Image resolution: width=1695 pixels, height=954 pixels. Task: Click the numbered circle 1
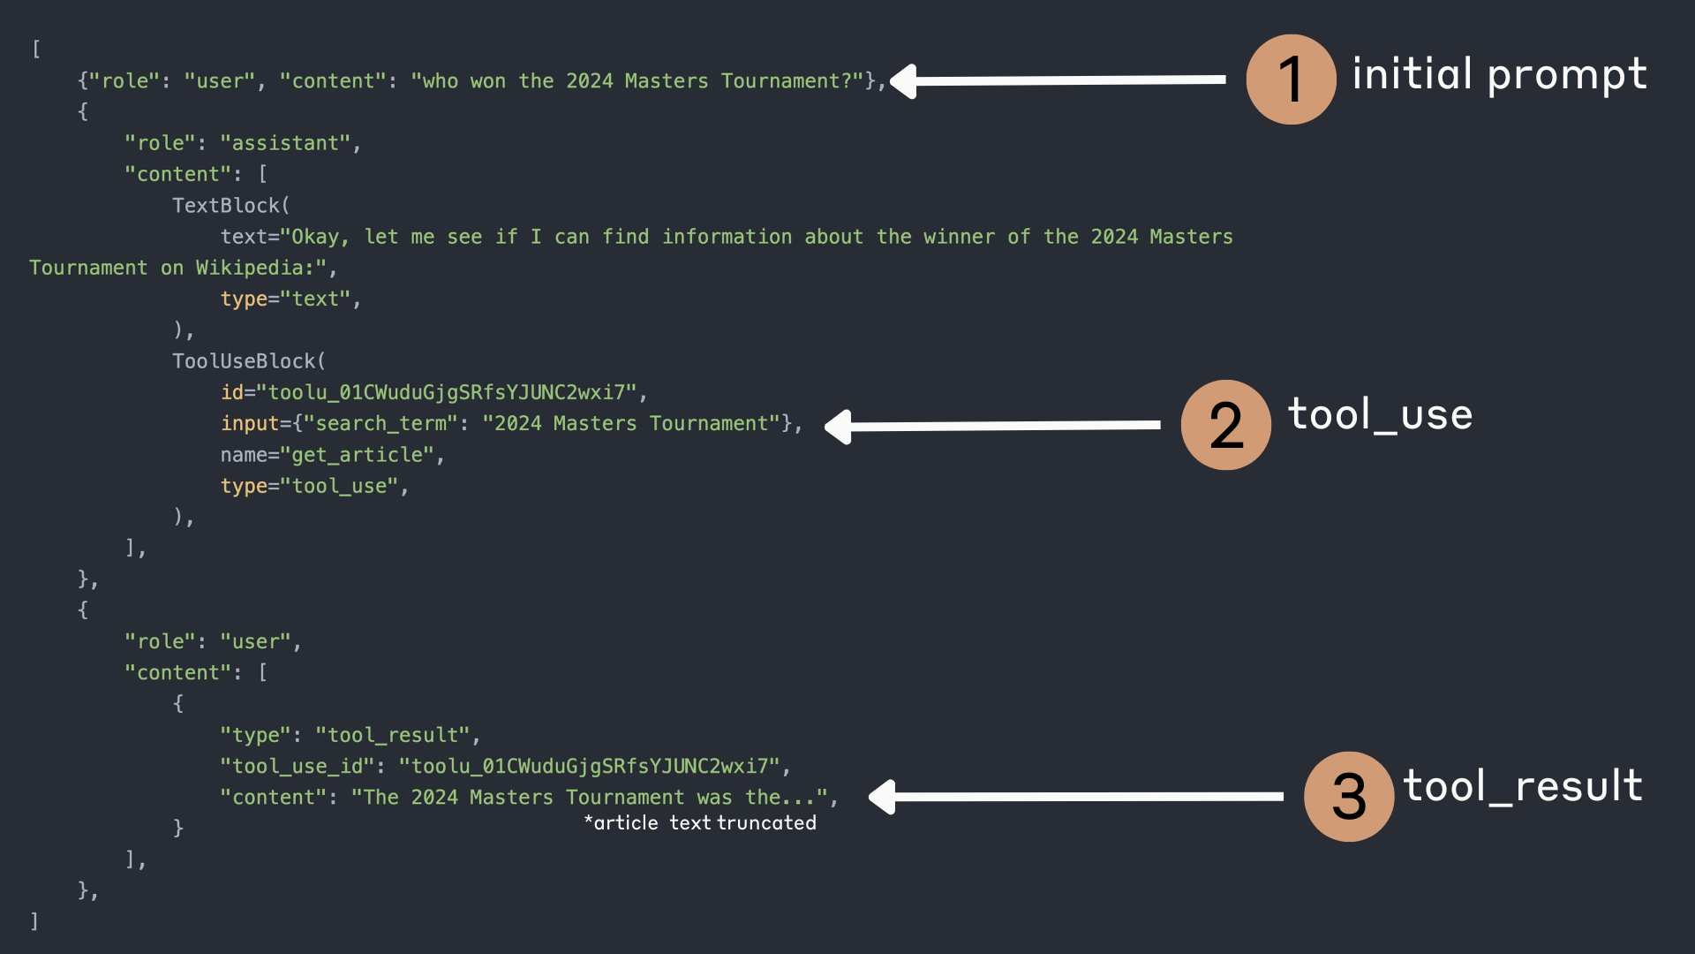(1291, 79)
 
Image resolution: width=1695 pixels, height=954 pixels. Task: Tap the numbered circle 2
(1225, 425)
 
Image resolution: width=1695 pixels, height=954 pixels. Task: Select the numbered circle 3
(1348, 796)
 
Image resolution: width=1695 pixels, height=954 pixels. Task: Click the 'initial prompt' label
(1499, 75)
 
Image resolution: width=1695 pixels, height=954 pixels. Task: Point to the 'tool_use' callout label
(1380, 415)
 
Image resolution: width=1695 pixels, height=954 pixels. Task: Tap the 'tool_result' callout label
(1522, 786)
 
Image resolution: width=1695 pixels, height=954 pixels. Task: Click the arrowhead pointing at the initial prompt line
(905, 81)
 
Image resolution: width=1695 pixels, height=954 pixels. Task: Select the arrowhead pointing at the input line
(840, 427)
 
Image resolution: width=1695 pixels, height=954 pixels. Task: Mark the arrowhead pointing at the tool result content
(884, 797)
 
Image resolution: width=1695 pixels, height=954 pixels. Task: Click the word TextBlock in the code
(226, 206)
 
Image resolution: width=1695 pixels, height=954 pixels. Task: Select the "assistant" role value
(285, 143)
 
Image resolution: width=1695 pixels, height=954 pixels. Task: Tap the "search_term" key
(380, 424)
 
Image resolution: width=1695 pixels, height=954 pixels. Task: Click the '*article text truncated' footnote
(700, 823)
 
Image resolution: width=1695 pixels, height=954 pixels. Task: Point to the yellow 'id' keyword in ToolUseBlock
(231, 392)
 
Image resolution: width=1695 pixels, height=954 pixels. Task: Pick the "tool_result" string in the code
(393, 735)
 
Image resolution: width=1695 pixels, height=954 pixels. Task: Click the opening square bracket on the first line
(36, 49)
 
